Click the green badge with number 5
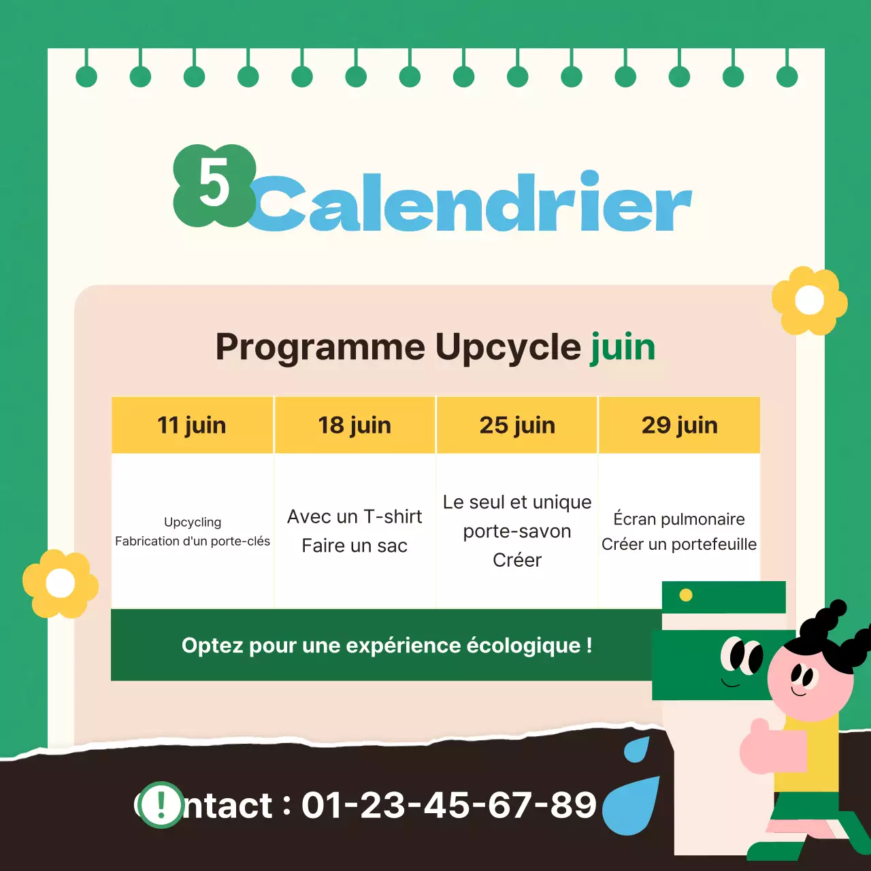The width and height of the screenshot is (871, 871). click(x=214, y=185)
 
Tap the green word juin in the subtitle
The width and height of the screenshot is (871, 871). click(x=623, y=347)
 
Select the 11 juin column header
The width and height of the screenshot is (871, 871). click(x=192, y=425)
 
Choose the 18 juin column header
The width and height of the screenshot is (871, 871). click(x=355, y=425)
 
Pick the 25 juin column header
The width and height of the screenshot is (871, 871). click(x=517, y=425)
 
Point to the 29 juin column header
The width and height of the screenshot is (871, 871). click(x=679, y=425)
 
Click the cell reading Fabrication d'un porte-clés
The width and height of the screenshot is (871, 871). click(x=193, y=531)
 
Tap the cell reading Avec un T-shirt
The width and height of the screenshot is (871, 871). click(x=355, y=531)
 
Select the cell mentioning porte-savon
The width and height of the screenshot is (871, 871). click(x=517, y=531)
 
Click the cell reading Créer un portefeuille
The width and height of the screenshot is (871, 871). click(x=679, y=531)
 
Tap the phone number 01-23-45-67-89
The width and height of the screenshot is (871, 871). click(x=449, y=805)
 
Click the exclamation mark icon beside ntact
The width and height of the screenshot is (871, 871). click(x=161, y=804)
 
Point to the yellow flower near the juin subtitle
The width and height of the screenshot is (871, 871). click(x=809, y=300)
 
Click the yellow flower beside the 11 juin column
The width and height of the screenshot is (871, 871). click(x=60, y=584)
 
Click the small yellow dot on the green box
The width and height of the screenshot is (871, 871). click(x=686, y=595)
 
